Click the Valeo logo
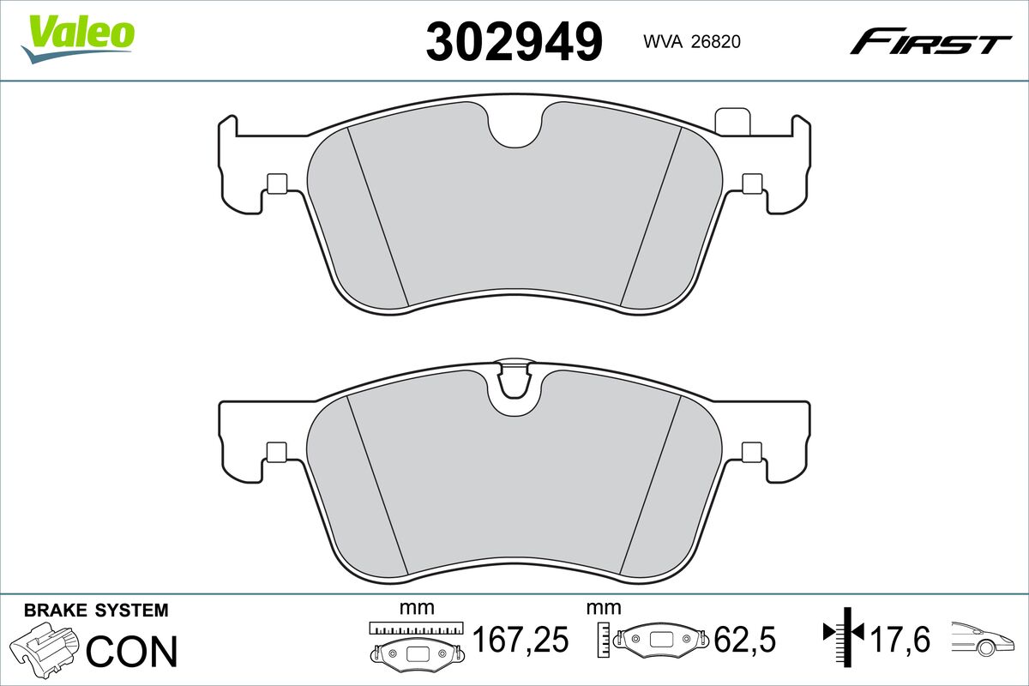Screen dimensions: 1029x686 [x=77, y=39]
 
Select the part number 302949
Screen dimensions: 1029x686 [x=514, y=42]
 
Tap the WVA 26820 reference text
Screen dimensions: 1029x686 [x=692, y=42]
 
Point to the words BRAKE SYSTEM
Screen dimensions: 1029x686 [x=96, y=611]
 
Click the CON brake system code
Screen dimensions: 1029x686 [x=132, y=651]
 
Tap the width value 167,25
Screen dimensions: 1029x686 [x=521, y=639]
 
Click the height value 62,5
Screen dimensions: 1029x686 [x=744, y=639]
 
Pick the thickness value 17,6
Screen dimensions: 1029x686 [x=900, y=639]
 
